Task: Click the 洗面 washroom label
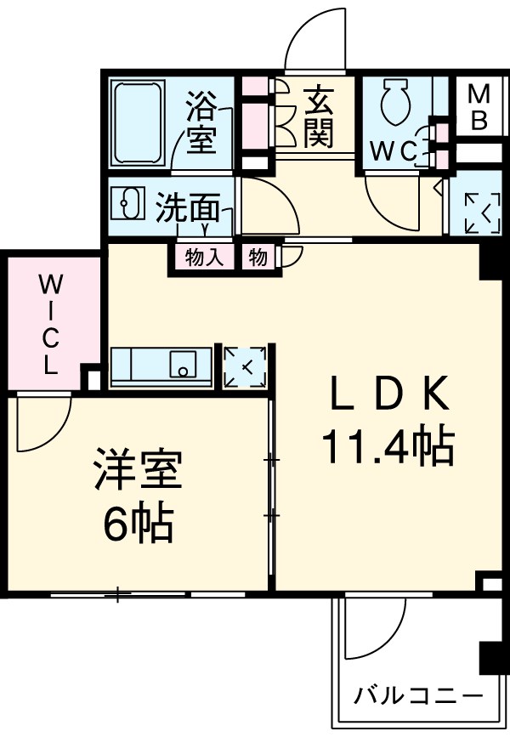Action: pos(188,208)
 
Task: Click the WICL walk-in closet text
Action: pos(50,326)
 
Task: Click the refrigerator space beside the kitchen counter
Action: pos(245,366)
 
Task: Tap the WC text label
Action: pos(392,151)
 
